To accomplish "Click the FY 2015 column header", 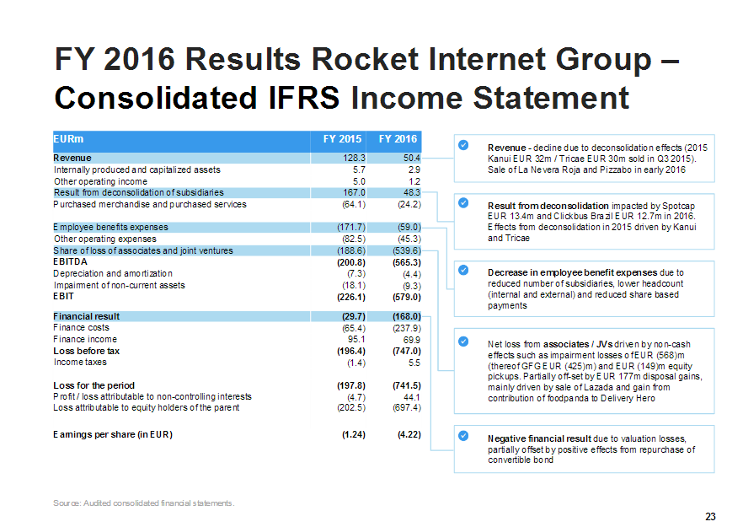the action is [342, 139].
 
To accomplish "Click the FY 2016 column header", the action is [398, 139].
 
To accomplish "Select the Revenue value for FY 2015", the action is [354, 158].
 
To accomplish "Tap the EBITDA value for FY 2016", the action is [407, 262].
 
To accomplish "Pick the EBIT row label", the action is [63, 297].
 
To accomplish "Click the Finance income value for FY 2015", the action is [356, 340].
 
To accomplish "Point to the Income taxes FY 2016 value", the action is [414, 363].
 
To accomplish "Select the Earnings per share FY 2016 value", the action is [409, 434].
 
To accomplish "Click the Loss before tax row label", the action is [86, 351].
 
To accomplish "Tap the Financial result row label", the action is [86, 316].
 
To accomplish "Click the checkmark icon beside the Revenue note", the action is [463, 145].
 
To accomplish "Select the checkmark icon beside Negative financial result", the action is [463, 435].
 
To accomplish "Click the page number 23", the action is [710, 517].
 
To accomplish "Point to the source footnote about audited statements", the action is [144, 503].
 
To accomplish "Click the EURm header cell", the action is [68, 139].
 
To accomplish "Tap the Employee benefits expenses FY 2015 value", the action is [351, 228].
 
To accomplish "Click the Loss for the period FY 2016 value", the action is [407, 385].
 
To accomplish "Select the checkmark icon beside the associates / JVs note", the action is [463, 341].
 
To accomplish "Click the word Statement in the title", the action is [551, 98].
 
